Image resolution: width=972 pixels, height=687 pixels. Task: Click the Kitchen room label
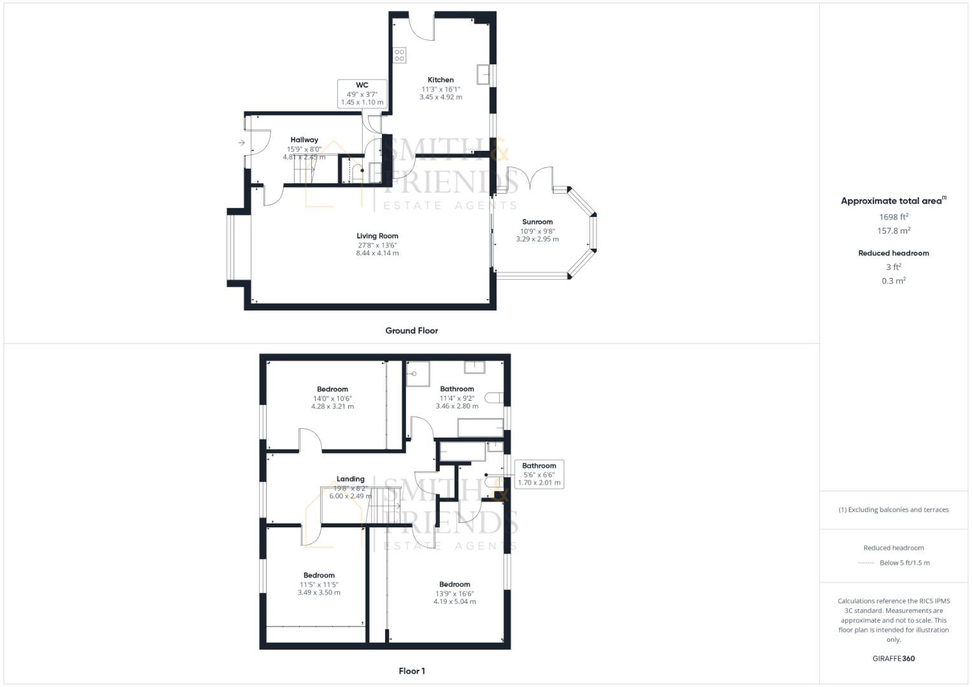point(440,80)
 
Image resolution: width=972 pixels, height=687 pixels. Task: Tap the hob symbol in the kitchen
point(399,55)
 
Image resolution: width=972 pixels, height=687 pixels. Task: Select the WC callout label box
point(362,94)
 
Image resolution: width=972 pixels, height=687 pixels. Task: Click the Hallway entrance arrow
point(242,143)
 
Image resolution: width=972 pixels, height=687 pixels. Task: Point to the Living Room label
point(377,236)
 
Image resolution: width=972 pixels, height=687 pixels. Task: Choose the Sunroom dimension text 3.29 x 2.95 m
point(537,239)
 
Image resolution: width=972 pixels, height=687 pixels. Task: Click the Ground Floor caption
point(411,331)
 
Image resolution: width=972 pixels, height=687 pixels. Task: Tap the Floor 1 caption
point(411,671)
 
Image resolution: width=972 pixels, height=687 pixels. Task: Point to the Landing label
point(350,479)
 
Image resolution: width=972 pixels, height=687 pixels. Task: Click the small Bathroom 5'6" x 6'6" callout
point(539,474)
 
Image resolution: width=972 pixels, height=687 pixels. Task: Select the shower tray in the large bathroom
point(418,374)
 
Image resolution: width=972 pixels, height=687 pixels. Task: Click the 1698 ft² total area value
point(893,217)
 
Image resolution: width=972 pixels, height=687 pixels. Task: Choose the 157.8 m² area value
point(893,231)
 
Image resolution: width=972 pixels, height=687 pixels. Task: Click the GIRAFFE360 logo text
point(893,658)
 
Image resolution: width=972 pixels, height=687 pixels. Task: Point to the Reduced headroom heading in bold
point(893,253)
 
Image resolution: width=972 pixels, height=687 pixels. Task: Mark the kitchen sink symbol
point(484,74)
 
